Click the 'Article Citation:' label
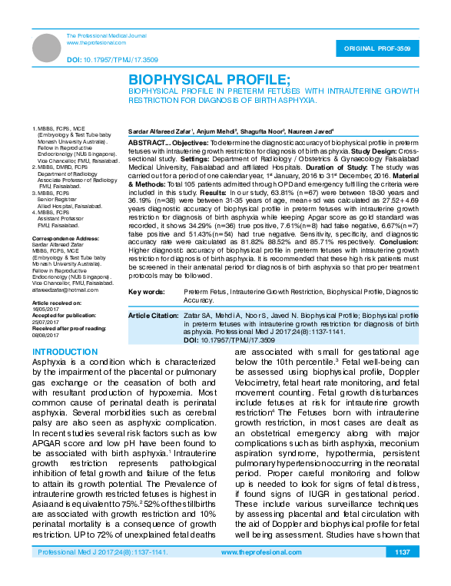154,316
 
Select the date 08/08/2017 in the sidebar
44,335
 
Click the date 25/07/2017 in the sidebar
44,322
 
